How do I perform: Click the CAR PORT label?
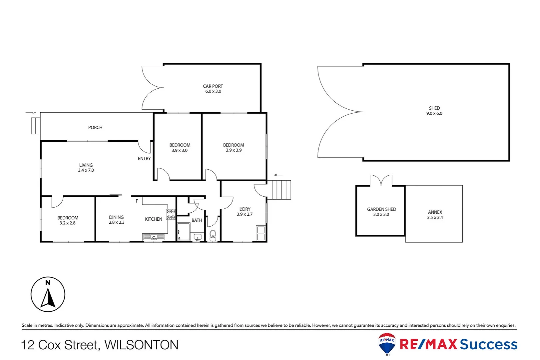[x=213, y=86]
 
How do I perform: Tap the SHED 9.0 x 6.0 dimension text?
[x=434, y=113]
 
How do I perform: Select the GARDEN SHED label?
[x=381, y=209]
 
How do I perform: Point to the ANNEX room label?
[x=435, y=212]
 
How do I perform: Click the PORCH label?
[x=95, y=127]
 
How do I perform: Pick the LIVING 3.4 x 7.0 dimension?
[x=86, y=170]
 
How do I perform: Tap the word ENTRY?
[x=144, y=159]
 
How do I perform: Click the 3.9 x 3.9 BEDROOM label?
[x=234, y=145]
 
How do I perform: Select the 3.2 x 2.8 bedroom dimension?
[x=68, y=223]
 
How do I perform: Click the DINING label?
[x=116, y=217]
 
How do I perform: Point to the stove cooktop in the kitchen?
[x=171, y=214]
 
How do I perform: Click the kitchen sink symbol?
[x=154, y=237]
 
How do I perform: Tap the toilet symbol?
[x=213, y=234]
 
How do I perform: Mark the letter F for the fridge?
[x=137, y=201]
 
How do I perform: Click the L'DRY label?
[x=245, y=209]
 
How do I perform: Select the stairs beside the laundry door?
[x=281, y=190]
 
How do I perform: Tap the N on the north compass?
[x=48, y=283]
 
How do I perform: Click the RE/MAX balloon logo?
[x=387, y=343]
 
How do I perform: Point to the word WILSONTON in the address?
[x=142, y=345]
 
